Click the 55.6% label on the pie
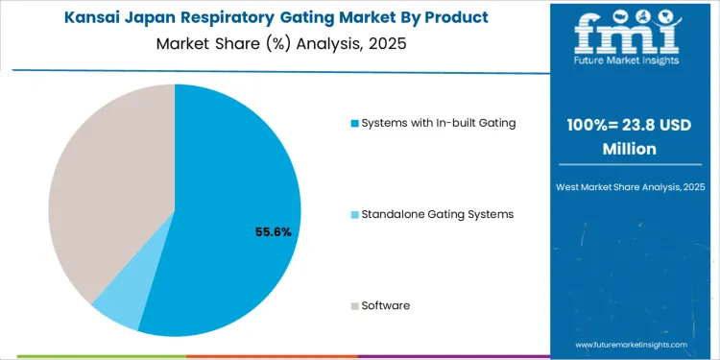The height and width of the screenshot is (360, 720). tap(273, 231)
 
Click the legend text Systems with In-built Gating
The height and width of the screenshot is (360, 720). tap(438, 123)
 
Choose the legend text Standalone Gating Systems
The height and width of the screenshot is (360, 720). tap(437, 214)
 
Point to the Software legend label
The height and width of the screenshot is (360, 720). tap(386, 305)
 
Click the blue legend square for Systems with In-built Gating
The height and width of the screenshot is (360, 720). tap(354, 123)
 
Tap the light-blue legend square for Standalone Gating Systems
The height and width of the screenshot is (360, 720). tap(354, 214)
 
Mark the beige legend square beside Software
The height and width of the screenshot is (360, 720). tap(354, 306)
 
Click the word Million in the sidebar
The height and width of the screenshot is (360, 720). tap(629, 149)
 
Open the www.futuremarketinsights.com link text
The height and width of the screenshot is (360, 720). tap(632, 343)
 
